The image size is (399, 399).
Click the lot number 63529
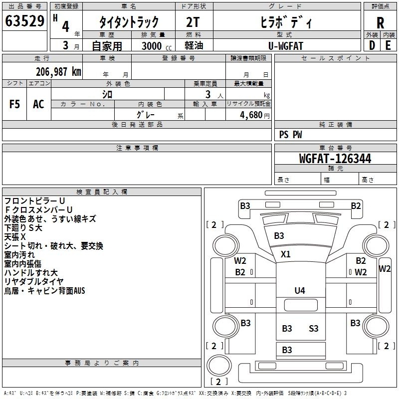click(x=24, y=22)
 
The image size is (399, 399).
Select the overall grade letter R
click(x=380, y=23)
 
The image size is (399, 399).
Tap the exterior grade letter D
click(x=372, y=45)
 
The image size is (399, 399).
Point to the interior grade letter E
click(x=388, y=45)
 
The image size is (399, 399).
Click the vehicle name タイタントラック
click(x=129, y=22)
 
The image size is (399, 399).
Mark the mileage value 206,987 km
click(x=58, y=72)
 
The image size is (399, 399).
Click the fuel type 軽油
click(x=195, y=45)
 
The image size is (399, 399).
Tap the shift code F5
click(x=15, y=104)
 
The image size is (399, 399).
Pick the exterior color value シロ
click(x=107, y=94)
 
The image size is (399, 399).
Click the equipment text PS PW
click(x=290, y=135)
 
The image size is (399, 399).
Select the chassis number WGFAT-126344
click(x=335, y=159)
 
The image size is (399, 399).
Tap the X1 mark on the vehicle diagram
click(x=285, y=254)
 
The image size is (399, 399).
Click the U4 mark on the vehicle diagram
click(x=299, y=291)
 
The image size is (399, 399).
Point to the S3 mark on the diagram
click(x=313, y=328)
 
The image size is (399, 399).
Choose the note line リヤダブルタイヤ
click(x=34, y=281)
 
